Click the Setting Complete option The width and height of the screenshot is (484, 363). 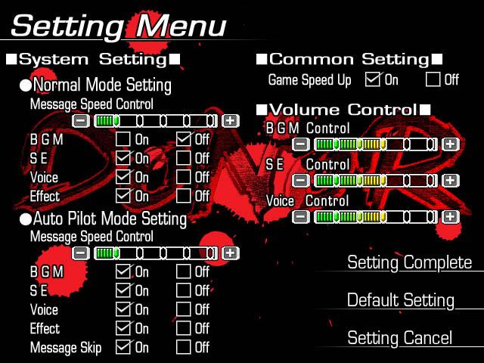pyautogui.click(x=410, y=262)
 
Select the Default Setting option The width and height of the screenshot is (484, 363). pyautogui.click(x=401, y=300)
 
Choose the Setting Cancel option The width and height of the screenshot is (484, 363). pyautogui.click(x=400, y=338)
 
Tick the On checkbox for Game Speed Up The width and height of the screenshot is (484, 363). pyautogui.click(x=372, y=79)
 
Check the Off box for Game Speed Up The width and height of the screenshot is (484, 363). pyautogui.click(x=433, y=79)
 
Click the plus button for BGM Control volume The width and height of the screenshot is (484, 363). pyautogui.click(x=451, y=144)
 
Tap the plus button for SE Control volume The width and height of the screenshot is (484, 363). pyautogui.click(x=451, y=180)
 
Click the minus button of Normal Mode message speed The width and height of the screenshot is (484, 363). pyautogui.click(x=81, y=121)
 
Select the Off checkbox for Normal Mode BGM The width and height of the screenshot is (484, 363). pyautogui.click(x=184, y=139)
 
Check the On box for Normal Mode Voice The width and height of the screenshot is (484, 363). pyautogui.click(x=123, y=177)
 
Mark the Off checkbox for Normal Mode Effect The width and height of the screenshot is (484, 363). pyautogui.click(x=184, y=196)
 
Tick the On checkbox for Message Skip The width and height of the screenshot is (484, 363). pyautogui.click(x=123, y=347)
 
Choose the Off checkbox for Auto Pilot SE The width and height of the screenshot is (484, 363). pyautogui.click(x=184, y=290)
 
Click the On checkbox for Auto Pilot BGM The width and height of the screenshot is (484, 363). pyautogui.click(x=123, y=271)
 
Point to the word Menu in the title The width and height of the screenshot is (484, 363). pyautogui.click(x=181, y=26)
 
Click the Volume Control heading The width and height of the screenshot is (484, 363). pyautogui.click(x=343, y=110)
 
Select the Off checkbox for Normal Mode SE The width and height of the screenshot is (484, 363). pyautogui.click(x=184, y=158)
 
